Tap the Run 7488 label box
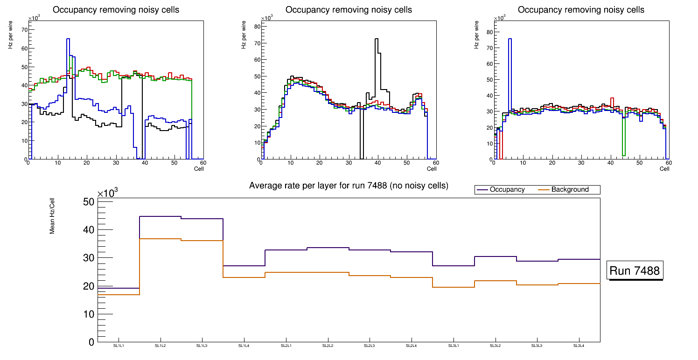click(x=635, y=271)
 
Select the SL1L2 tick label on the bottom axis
click(x=160, y=346)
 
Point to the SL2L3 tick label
click(x=370, y=346)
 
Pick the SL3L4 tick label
click(x=579, y=346)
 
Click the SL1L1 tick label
click(x=119, y=346)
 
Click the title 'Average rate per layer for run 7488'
click(x=349, y=186)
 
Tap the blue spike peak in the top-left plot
click(x=68, y=39)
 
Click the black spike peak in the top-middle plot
click(x=376, y=39)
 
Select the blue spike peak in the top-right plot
click(x=510, y=39)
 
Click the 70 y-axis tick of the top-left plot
click(x=24, y=30)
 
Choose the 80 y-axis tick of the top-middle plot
click(x=257, y=26)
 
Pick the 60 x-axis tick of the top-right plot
click(x=668, y=163)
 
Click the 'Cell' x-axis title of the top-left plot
click(x=199, y=168)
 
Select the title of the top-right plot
click(x=581, y=10)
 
